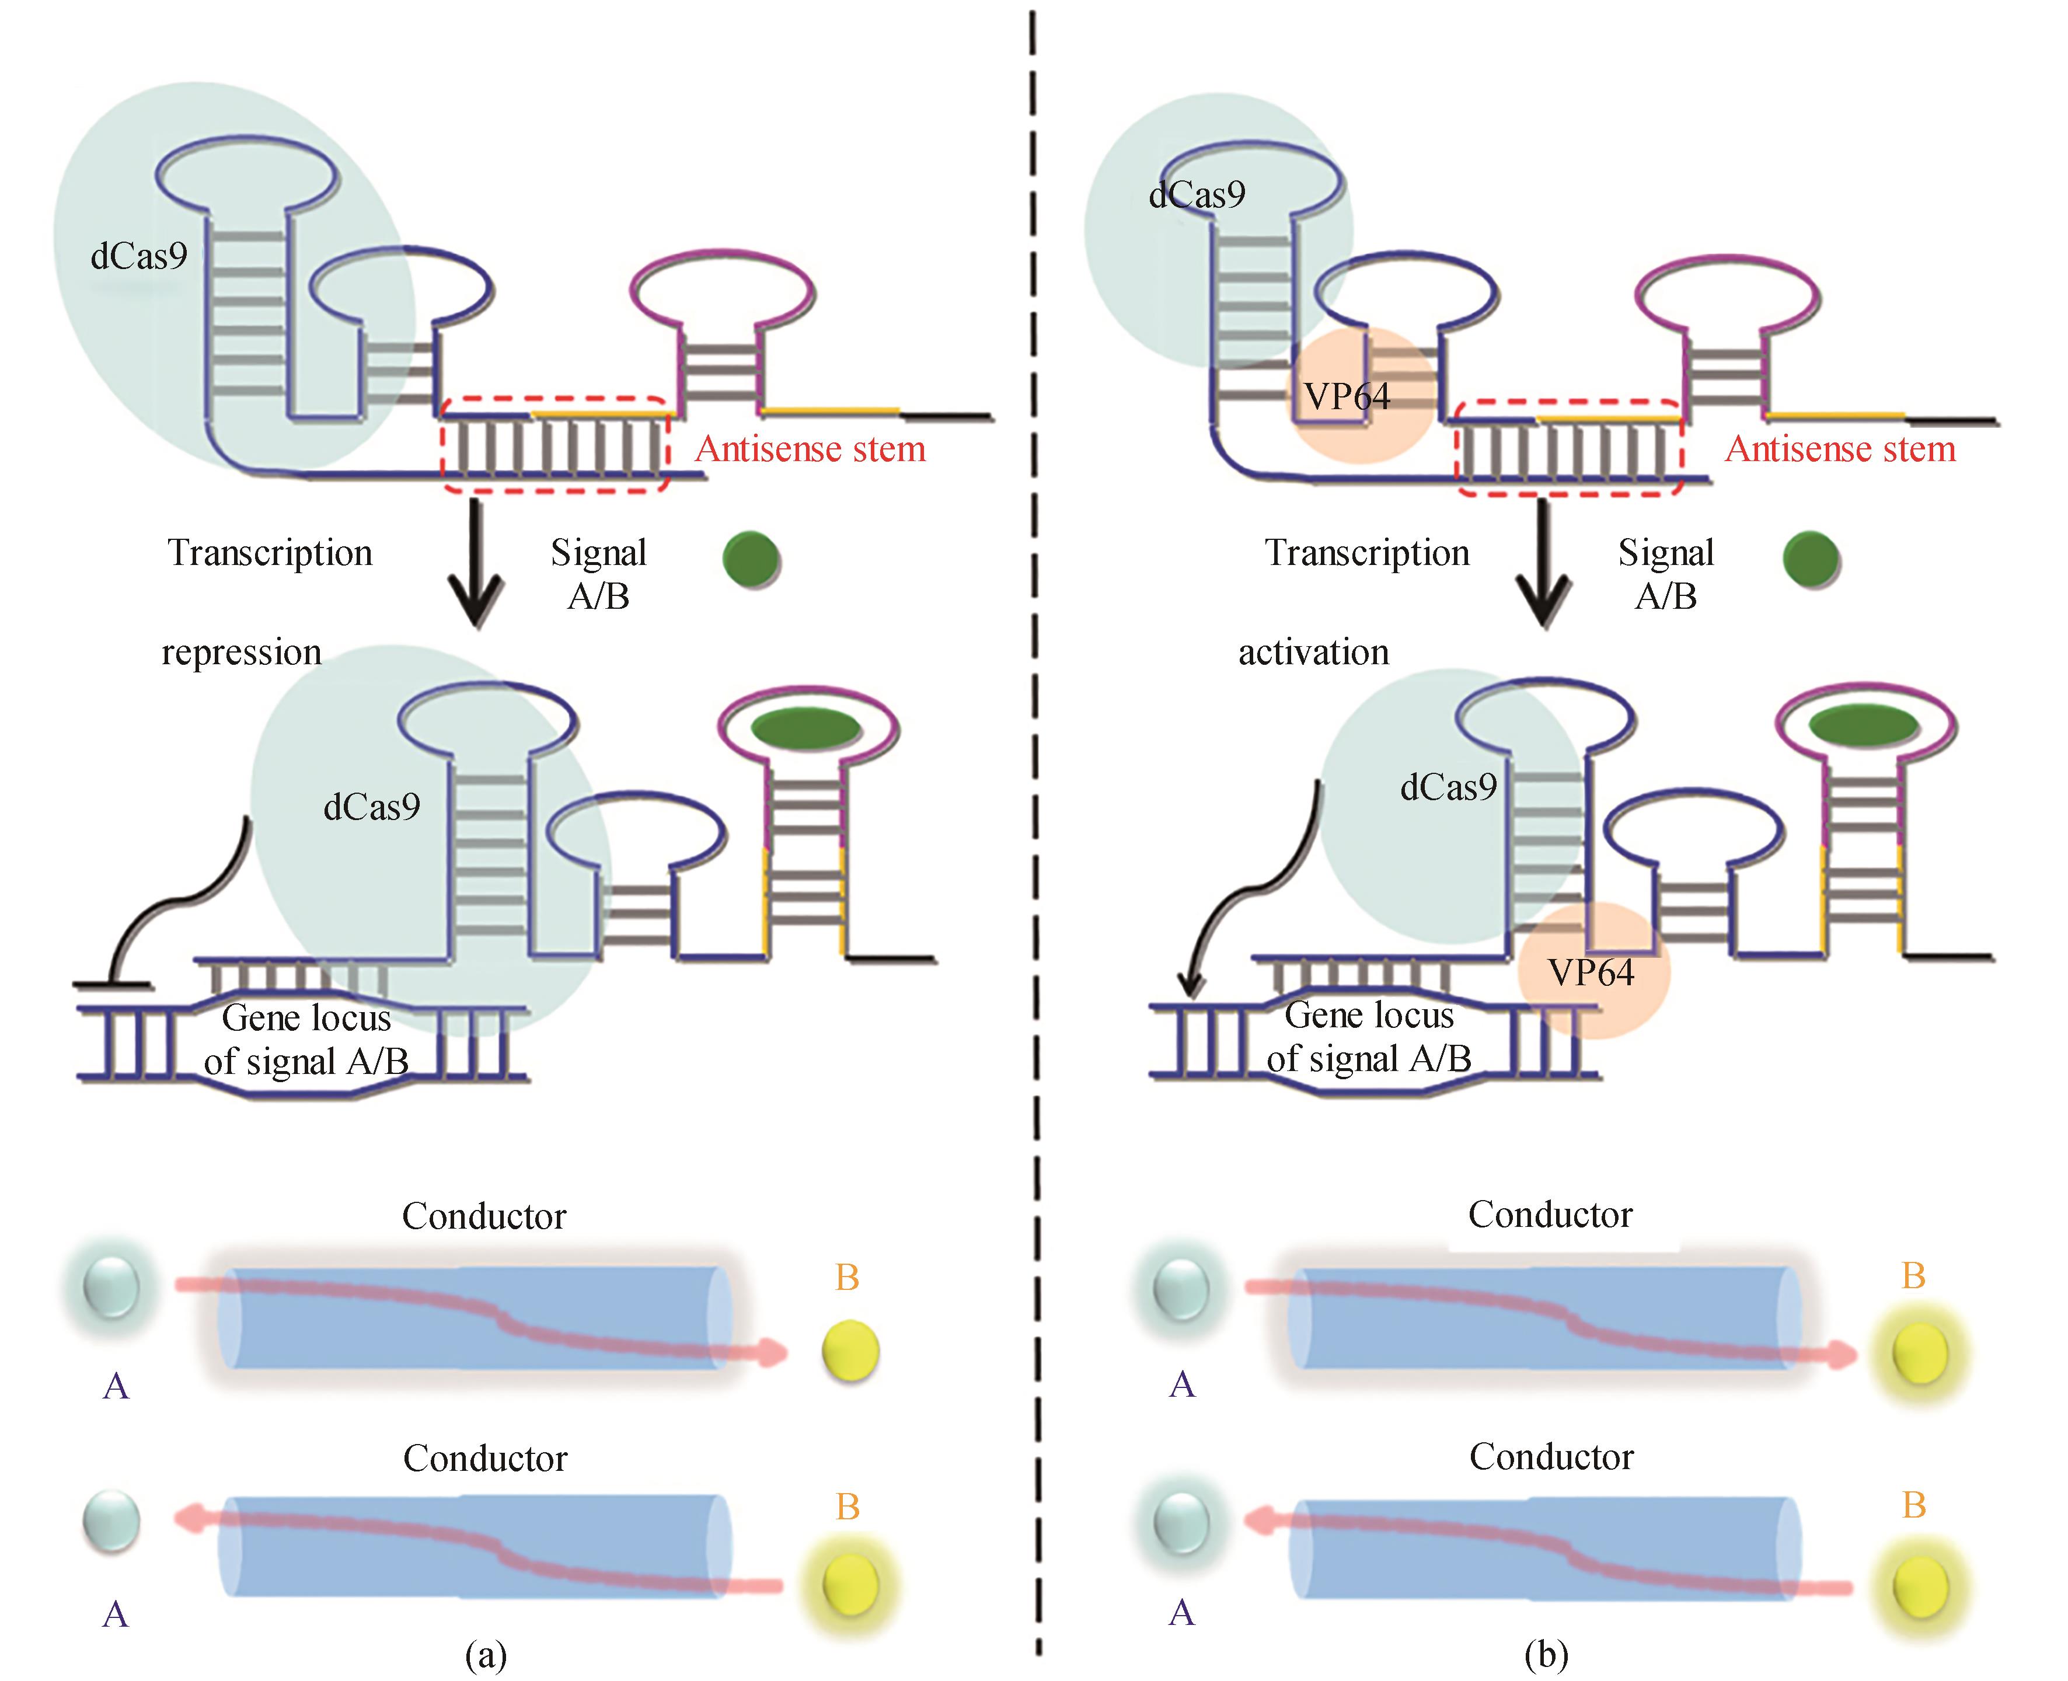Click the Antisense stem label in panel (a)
[x=810, y=448]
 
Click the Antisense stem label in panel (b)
[x=1840, y=448]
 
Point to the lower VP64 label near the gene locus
[x=1591, y=972]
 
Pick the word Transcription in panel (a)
[x=270, y=552]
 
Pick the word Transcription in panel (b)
[x=1367, y=552]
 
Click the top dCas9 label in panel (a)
[x=138, y=256]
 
